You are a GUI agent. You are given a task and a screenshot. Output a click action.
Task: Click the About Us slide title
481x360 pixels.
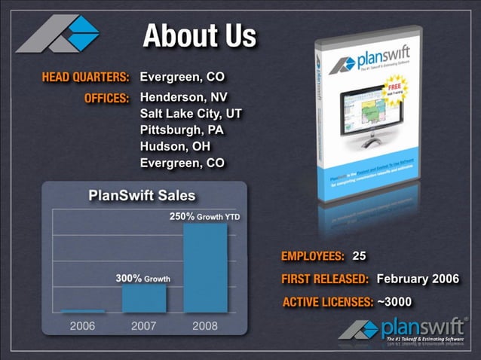(199, 35)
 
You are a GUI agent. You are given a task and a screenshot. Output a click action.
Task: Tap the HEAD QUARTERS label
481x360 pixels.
(85, 78)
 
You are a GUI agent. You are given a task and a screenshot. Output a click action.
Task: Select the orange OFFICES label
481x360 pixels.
(107, 98)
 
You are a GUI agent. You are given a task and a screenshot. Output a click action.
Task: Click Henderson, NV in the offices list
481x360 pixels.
(183, 98)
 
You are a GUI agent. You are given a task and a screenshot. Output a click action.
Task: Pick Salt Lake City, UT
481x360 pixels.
(191, 114)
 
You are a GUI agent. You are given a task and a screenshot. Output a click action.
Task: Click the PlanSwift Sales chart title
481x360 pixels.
(142, 195)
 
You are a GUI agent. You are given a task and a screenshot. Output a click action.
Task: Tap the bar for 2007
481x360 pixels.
(143, 297)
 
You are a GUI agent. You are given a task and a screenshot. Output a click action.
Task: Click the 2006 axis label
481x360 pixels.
(82, 326)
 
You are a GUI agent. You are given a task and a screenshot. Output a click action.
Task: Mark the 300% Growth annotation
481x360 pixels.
(142, 278)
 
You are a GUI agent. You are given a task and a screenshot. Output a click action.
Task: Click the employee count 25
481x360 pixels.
(359, 256)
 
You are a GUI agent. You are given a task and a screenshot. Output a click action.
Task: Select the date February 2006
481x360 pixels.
(417, 279)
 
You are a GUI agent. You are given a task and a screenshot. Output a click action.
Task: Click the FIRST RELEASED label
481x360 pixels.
(325, 279)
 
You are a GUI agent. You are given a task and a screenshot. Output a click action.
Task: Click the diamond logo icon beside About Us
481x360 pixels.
(59, 34)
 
